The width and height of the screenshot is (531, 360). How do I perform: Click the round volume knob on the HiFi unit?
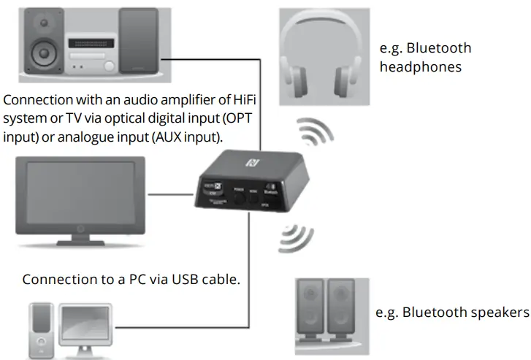109,66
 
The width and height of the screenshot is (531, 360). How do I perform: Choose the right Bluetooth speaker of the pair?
342,310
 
